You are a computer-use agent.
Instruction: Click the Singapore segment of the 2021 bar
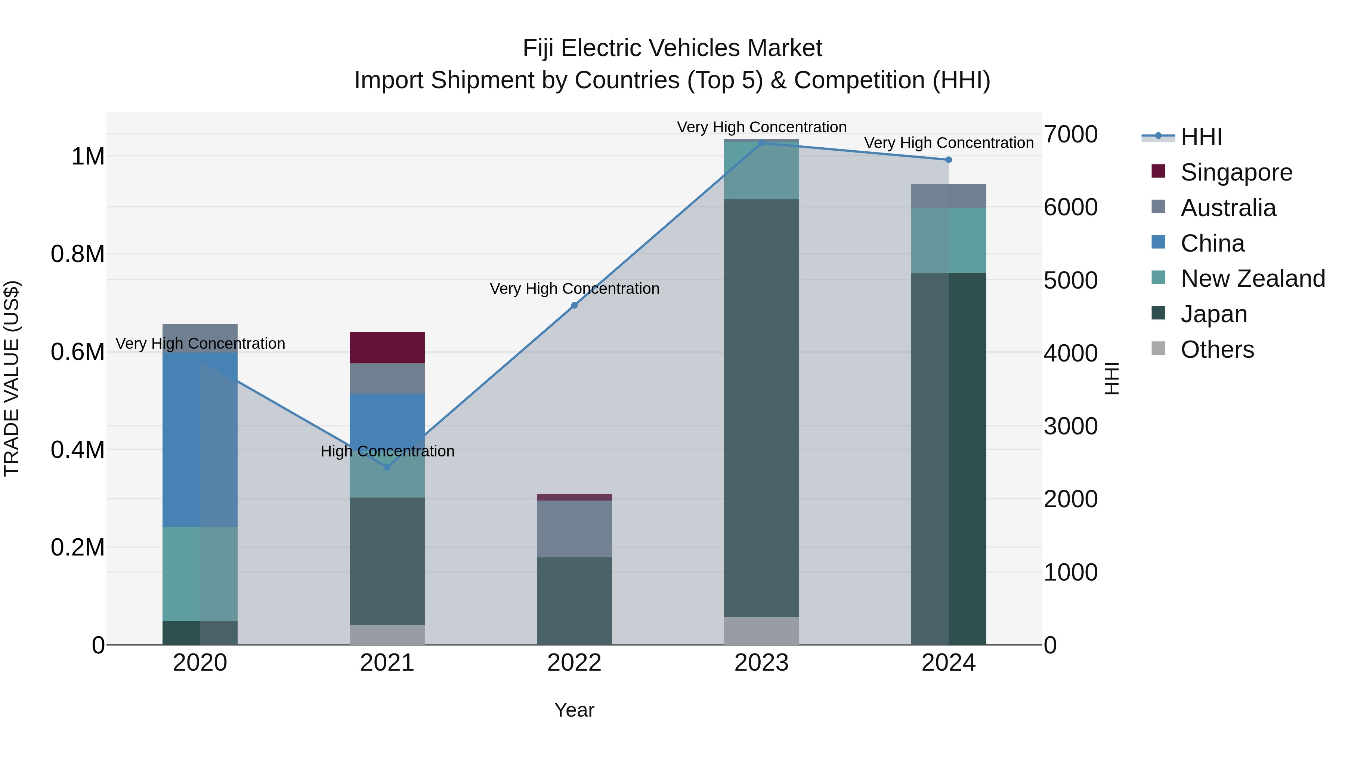point(387,347)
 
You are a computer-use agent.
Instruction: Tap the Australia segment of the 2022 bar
point(574,529)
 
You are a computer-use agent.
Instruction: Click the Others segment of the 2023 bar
point(761,631)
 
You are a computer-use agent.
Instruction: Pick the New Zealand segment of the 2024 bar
point(948,240)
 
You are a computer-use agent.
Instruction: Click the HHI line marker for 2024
point(949,160)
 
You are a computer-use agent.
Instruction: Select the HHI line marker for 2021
point(387,467)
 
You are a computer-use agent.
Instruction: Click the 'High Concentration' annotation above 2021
point(387,451)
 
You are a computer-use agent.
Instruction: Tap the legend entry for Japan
point(1213,314)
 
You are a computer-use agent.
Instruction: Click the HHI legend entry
point(1201,137)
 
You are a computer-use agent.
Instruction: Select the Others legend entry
point(1216,350)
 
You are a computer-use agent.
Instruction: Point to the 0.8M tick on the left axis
point(77,255)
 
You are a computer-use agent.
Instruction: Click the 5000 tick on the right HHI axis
point(1070,280)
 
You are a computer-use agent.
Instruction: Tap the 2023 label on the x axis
point(761,663)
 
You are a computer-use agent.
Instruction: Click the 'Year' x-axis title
point(574,710)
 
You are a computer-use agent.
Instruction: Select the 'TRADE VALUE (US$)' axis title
point(12,378)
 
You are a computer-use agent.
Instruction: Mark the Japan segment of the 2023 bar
point(761,407)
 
